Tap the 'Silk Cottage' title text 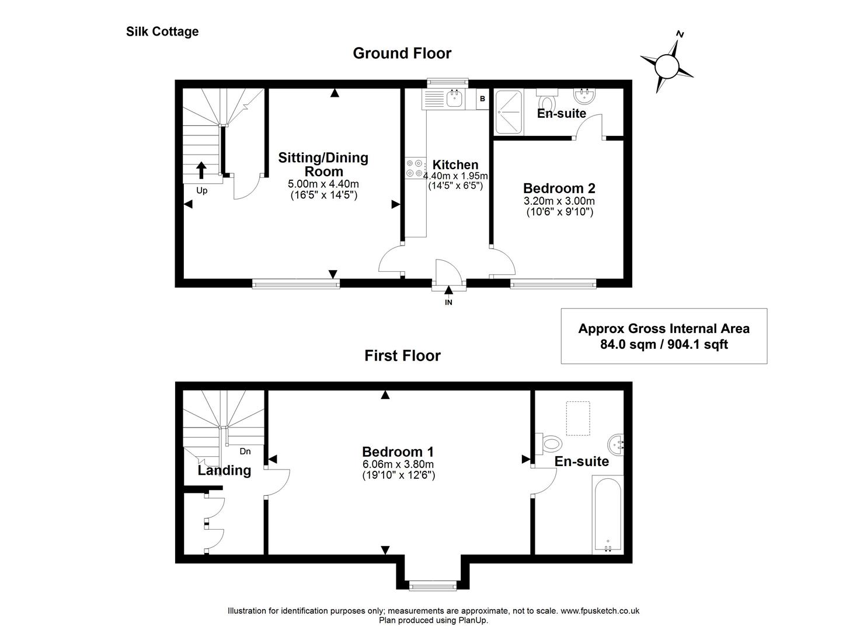[162, 32]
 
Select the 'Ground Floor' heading [402, 53]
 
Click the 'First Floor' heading [402, 355]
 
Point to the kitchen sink [454, 99]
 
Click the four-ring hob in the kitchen [415, 168]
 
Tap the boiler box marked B [482, 99]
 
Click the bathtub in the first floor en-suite [608, 513]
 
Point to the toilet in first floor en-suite [548, 443]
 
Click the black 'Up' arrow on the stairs [201, 170]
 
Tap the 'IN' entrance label [448, 302]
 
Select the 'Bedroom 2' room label [559, 188]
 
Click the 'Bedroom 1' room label [398, 452]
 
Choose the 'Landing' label [224, 470]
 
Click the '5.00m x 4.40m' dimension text [323, 184]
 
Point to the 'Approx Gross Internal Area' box [664, 336]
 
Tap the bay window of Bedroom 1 [432, 584]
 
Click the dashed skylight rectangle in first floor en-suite [578, 419]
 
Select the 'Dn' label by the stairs [245, 451]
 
